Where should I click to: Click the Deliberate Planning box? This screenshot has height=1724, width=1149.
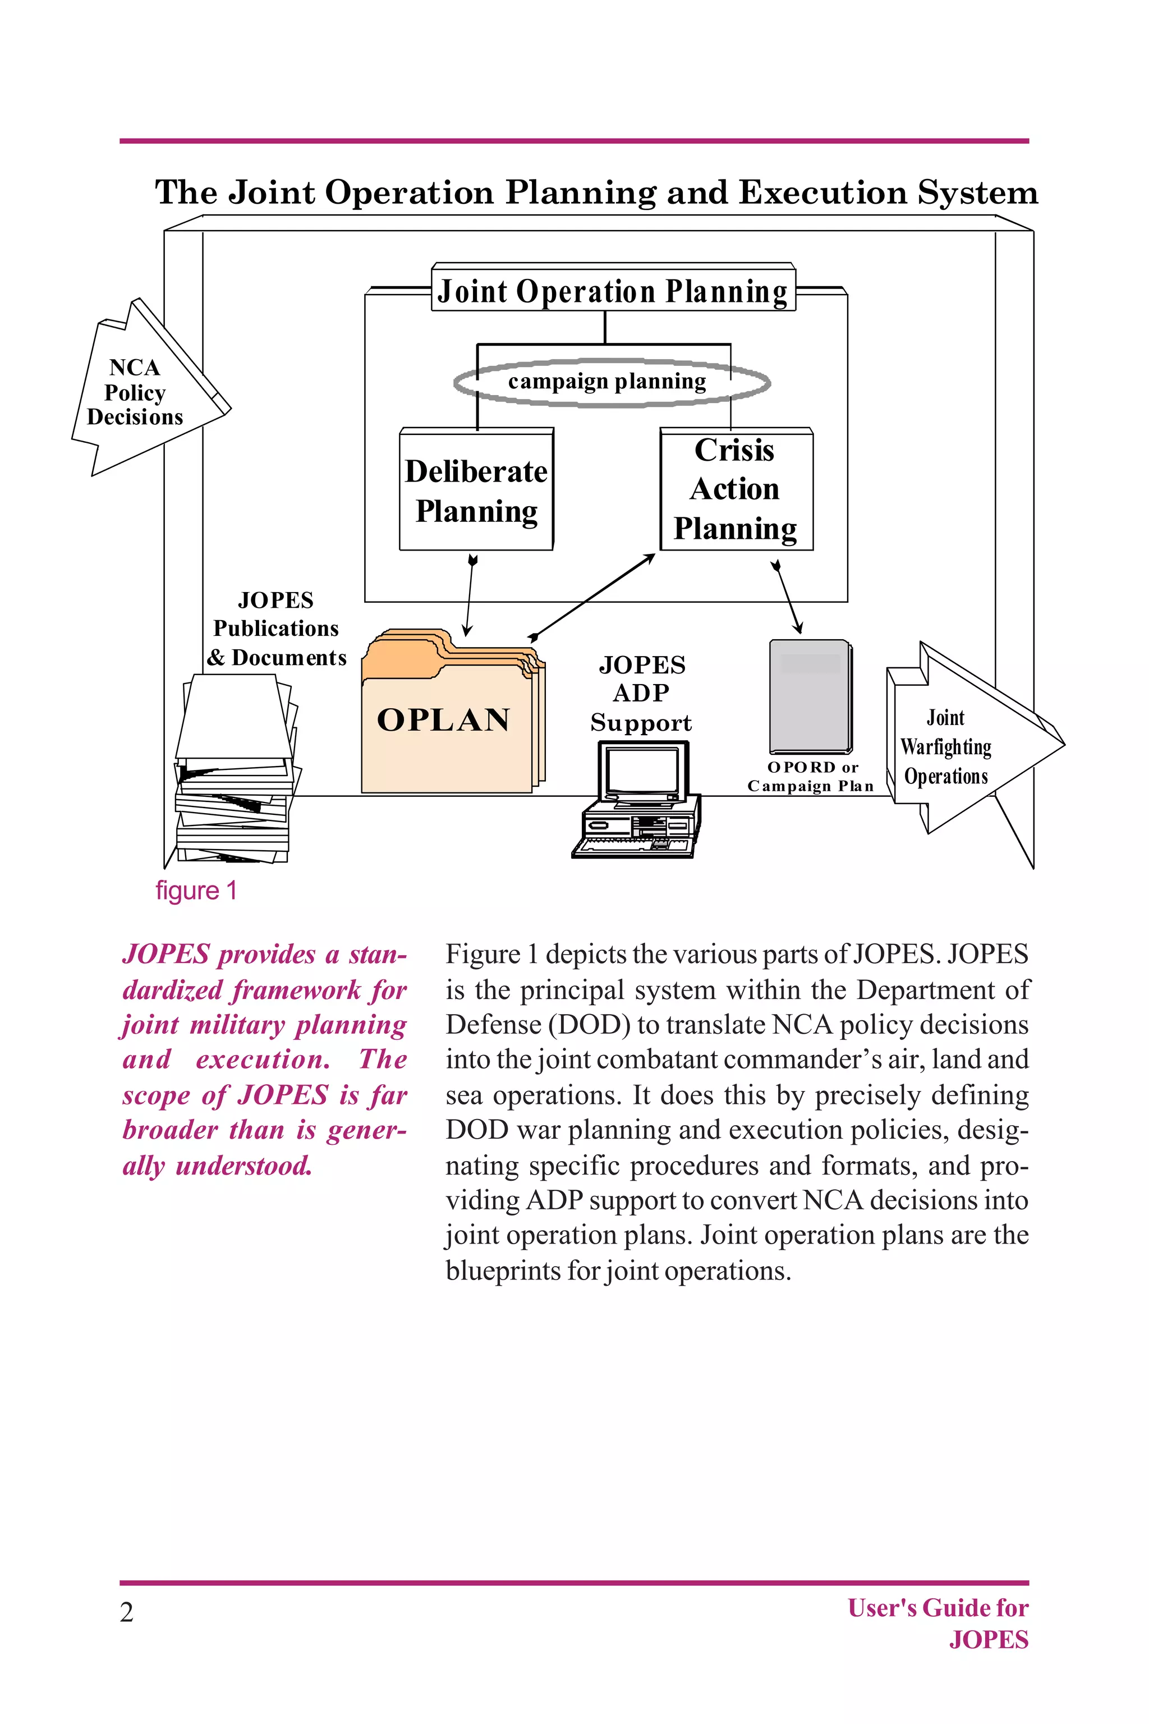(x=476, y=489)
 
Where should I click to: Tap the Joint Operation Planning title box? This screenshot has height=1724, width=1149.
(x=613, y=291)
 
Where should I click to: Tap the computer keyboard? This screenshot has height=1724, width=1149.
(x=632, y=847)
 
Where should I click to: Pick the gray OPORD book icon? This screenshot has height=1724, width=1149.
(x=810, y=696)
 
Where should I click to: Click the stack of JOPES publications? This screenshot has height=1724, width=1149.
(x=235, y=777)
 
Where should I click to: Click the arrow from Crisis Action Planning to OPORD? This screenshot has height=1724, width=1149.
(x=787, y=597)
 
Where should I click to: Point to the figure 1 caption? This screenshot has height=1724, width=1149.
(x=196, y=891)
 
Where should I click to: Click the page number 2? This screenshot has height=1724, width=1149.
(x=127, y=1612)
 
